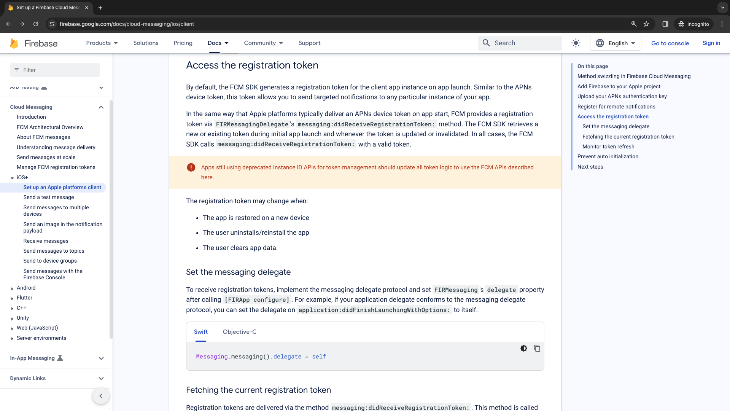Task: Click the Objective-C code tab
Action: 239,332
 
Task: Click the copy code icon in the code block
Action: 537,348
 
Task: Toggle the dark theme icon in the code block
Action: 523,348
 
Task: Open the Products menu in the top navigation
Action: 102,43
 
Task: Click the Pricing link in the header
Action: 183,43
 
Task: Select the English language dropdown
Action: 615,43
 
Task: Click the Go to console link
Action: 670,43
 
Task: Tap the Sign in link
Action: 711,43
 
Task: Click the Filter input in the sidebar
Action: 55,70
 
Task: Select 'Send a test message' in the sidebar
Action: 49,197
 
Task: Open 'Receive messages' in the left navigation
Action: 46,241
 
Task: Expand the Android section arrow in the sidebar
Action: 12,288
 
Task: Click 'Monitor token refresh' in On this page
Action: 608,147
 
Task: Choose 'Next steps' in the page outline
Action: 590,167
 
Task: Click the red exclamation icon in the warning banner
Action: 191,167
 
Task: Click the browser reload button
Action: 36,24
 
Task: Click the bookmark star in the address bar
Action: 646,24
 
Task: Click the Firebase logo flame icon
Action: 14,43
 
